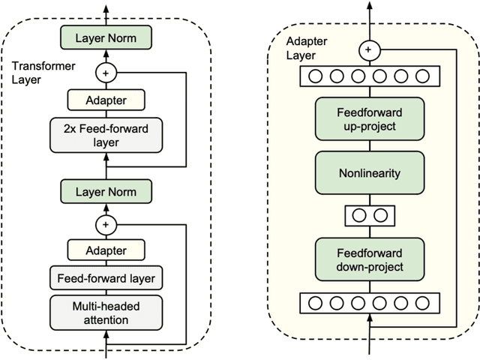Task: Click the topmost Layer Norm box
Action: pyautogui.click(x=106, y=36)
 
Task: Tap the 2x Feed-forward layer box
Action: pyautogui.click(x=106, y=136)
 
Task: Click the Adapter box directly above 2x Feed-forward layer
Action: pyautogui.click(x=106, y=99)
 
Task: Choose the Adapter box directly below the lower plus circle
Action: pyautogui.click(x=106, y=250)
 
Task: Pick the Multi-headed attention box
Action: pyautogui.click(x=106, y=312)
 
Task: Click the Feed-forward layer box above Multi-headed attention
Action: pyautogui.click(x=106, y=279)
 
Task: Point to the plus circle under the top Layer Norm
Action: pyautogui.click(x=106, y=72)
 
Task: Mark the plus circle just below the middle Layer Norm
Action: pyautogui.click(x=106, y=223)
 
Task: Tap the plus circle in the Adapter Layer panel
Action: pyautogui.click(x=367, y=50)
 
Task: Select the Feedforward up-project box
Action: pyautogui.click(x=367, y=118)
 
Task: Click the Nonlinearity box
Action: pyautogui.click(x=367, y=172)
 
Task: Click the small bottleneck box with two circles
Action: pyautogui.click(x=367, y=215)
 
